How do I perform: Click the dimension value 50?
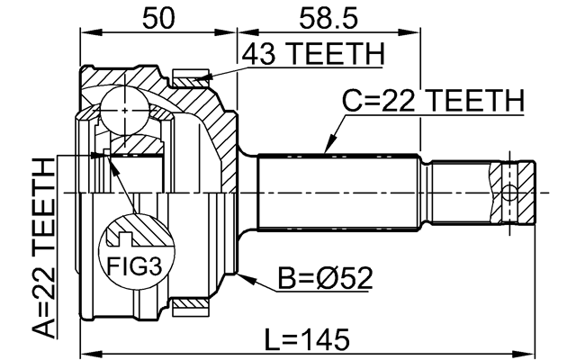[x=158, y=16]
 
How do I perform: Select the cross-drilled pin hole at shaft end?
[x=510, y=193]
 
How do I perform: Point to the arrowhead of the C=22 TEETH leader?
[x=325, y=150]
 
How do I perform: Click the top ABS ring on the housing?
[x=192, y=79]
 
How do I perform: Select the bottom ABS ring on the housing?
[x=192, y=308]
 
